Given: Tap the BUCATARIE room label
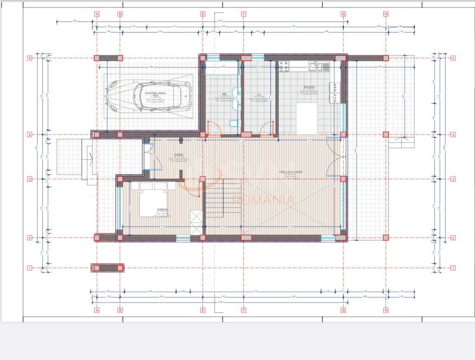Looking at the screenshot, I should click(x=309, y=87).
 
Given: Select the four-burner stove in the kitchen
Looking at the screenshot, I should click(x=284, y=66).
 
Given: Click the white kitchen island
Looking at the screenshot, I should click(x=307, y=118).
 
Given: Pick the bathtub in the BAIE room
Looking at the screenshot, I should click(x=222, y=68).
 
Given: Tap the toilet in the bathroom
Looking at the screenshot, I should click(x=233, y=123).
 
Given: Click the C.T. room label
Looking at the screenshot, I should click(x=259, y=94).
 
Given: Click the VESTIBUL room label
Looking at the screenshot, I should click(x=179, y=155).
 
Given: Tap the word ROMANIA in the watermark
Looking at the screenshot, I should click(x=263, y=200).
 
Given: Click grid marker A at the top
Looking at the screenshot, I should click(x=97, y=14).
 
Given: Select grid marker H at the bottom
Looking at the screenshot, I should click(x=386, y=310).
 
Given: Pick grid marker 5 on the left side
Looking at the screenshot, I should click(x=30, y=58).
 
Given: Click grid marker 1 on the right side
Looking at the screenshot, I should click(x=453, y=268).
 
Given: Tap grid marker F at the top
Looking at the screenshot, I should click(x=243, y=14).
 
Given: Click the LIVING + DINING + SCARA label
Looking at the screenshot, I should click(x=291, y=172).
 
